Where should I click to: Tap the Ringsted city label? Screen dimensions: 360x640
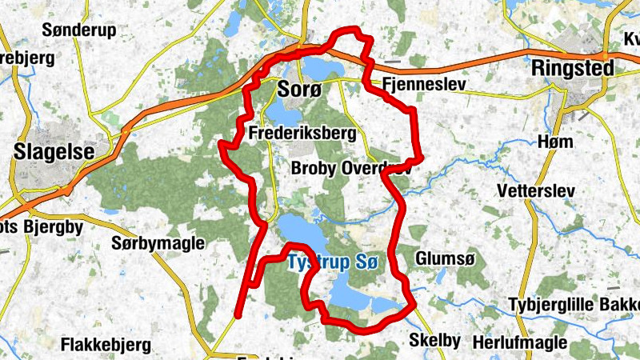point(574,69)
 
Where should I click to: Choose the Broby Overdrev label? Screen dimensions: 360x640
point(350,170)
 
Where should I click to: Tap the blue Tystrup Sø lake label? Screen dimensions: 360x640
point(331,262)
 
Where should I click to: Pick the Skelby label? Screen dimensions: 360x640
point(434,340)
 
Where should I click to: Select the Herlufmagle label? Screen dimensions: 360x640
point(519,342)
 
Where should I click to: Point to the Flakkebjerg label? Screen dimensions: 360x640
point(106,346)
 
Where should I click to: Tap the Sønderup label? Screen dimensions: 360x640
point(78,30)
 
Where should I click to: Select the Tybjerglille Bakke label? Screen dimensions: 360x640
point(574,305)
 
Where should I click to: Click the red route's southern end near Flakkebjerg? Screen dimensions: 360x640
point(238,315)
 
